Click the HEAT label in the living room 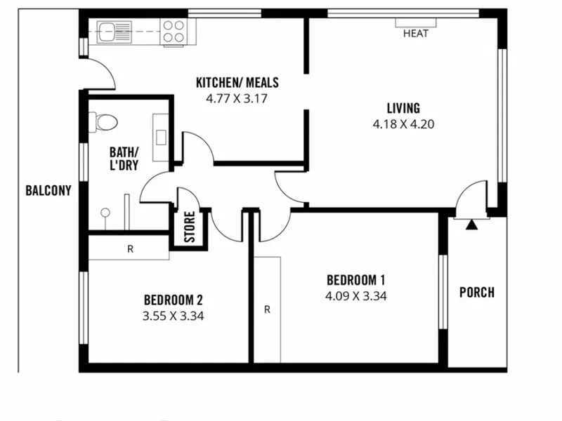pos(416,33)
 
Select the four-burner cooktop pos(174,32)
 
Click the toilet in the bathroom pos(103,121)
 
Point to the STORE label pos(190,227)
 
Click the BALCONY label pos(48,190)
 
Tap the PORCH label pos(477,293)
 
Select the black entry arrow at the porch pos(471,225)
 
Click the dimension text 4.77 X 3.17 pos(237,98)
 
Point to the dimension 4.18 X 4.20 pos(403,124)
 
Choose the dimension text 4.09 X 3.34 pos(356,296)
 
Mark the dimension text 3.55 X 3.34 pos(174,316)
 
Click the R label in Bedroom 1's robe pos(267,309)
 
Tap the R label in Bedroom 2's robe pos(131,249)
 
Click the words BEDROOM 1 pos(356,280)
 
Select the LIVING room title pos(403,108)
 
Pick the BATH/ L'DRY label pos(124,159)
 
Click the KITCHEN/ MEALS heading pos(237,82)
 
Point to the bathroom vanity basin pos(161,138)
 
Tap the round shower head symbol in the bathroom pos(105,213)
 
